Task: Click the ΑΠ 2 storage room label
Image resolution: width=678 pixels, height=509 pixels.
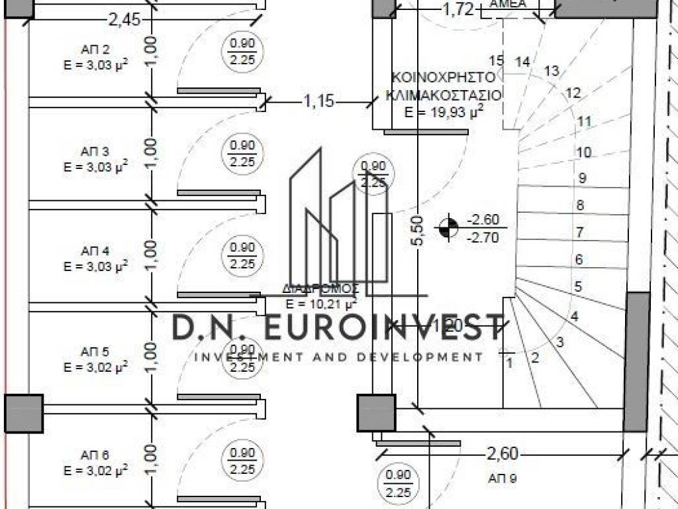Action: pyautogui.click(x=95, y=50)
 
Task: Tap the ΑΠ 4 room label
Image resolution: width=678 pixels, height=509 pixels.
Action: pyautogui.click(x=95, y=251)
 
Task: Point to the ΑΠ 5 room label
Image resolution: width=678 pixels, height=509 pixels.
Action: pyautogui.click(x=95, y=351)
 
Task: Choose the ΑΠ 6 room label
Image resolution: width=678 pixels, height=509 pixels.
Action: pyautogui.click(x=95, y=455)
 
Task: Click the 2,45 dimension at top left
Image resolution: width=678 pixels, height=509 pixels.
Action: pyautogui.click(x=124, y=19)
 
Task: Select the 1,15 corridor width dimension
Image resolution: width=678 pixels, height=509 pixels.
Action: pyautogui.click(x=319, y=101)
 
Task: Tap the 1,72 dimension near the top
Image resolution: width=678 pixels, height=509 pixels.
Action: pyautogui.click(x=458, y=9)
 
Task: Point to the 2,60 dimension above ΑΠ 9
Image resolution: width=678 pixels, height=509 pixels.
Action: pyautogui.click(x=503, y=454)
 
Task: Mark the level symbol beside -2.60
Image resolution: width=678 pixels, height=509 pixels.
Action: pyautogui.click(x=448, y=228)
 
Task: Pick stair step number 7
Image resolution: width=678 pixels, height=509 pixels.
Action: pyautogui.click(x=579, y=233)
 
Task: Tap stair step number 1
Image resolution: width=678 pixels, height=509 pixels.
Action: pyautogui.click(x=509, y=363)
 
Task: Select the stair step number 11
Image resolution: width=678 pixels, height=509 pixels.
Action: pyautogui.click(x=583, y=121)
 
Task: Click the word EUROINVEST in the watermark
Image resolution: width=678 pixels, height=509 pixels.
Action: pyautogui.click(x=384, y=327)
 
